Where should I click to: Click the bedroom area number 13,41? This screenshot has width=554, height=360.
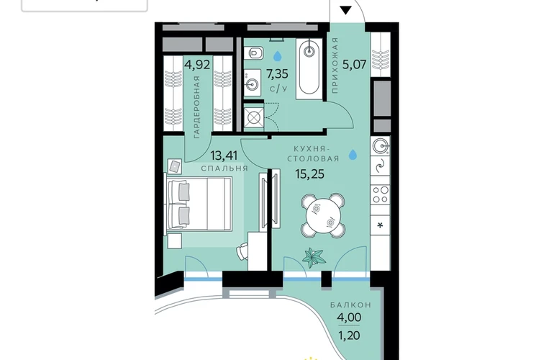(x=224, y=156)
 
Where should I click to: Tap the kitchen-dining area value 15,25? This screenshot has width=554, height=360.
(x=310, y=174)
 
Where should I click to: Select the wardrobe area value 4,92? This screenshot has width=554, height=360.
(x=198, y=65)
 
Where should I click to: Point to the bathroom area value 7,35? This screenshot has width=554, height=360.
(x=277, y=74)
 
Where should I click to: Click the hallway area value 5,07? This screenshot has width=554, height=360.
(x=355, y=65)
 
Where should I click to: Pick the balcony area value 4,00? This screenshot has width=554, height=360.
(x=349, y=318)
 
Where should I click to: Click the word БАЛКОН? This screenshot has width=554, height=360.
(x=351, y=305)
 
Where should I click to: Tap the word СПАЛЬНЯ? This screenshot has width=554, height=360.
(x=224, y=168)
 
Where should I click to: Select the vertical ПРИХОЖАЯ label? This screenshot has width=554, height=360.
(x=335, y=65)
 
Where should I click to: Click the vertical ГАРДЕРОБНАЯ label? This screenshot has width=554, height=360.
(x=197, y=107)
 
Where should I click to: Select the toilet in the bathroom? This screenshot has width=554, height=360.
(x=255, y=53)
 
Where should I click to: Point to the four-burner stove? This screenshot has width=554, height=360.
(x=381, y=195)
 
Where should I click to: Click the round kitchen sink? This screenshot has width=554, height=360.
(x=380, y=145)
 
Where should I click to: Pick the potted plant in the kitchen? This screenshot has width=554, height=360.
(x=314, y=257)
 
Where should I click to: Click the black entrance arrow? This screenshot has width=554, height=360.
(x=345, y=10)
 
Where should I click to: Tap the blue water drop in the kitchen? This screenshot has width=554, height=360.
(x=353, y=155)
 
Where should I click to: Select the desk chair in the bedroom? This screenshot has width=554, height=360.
(x=242, y=251)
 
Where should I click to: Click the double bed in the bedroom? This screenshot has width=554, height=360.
(x=199, y=204)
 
